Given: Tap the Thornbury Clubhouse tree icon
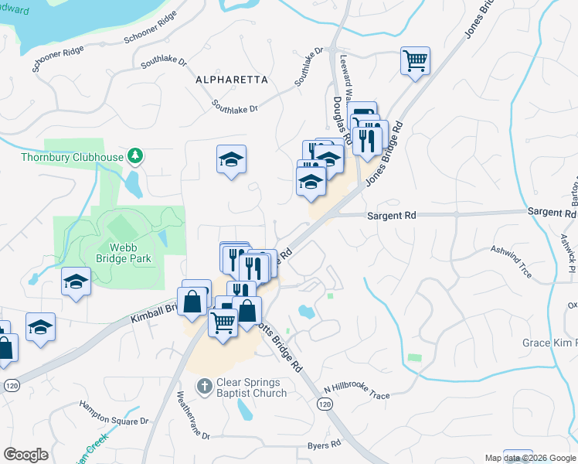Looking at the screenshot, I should click(136, 156).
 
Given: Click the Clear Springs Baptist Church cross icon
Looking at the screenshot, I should click(204, 385).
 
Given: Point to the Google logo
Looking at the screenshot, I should click(25, 455).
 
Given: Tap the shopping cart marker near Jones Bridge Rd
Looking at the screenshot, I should click(415, 60).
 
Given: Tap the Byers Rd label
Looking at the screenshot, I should click(325, 445).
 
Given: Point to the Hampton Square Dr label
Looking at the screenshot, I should click(114, 413).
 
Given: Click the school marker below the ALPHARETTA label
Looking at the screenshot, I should click(231, 160).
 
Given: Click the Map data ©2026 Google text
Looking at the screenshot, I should click(530, 458).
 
